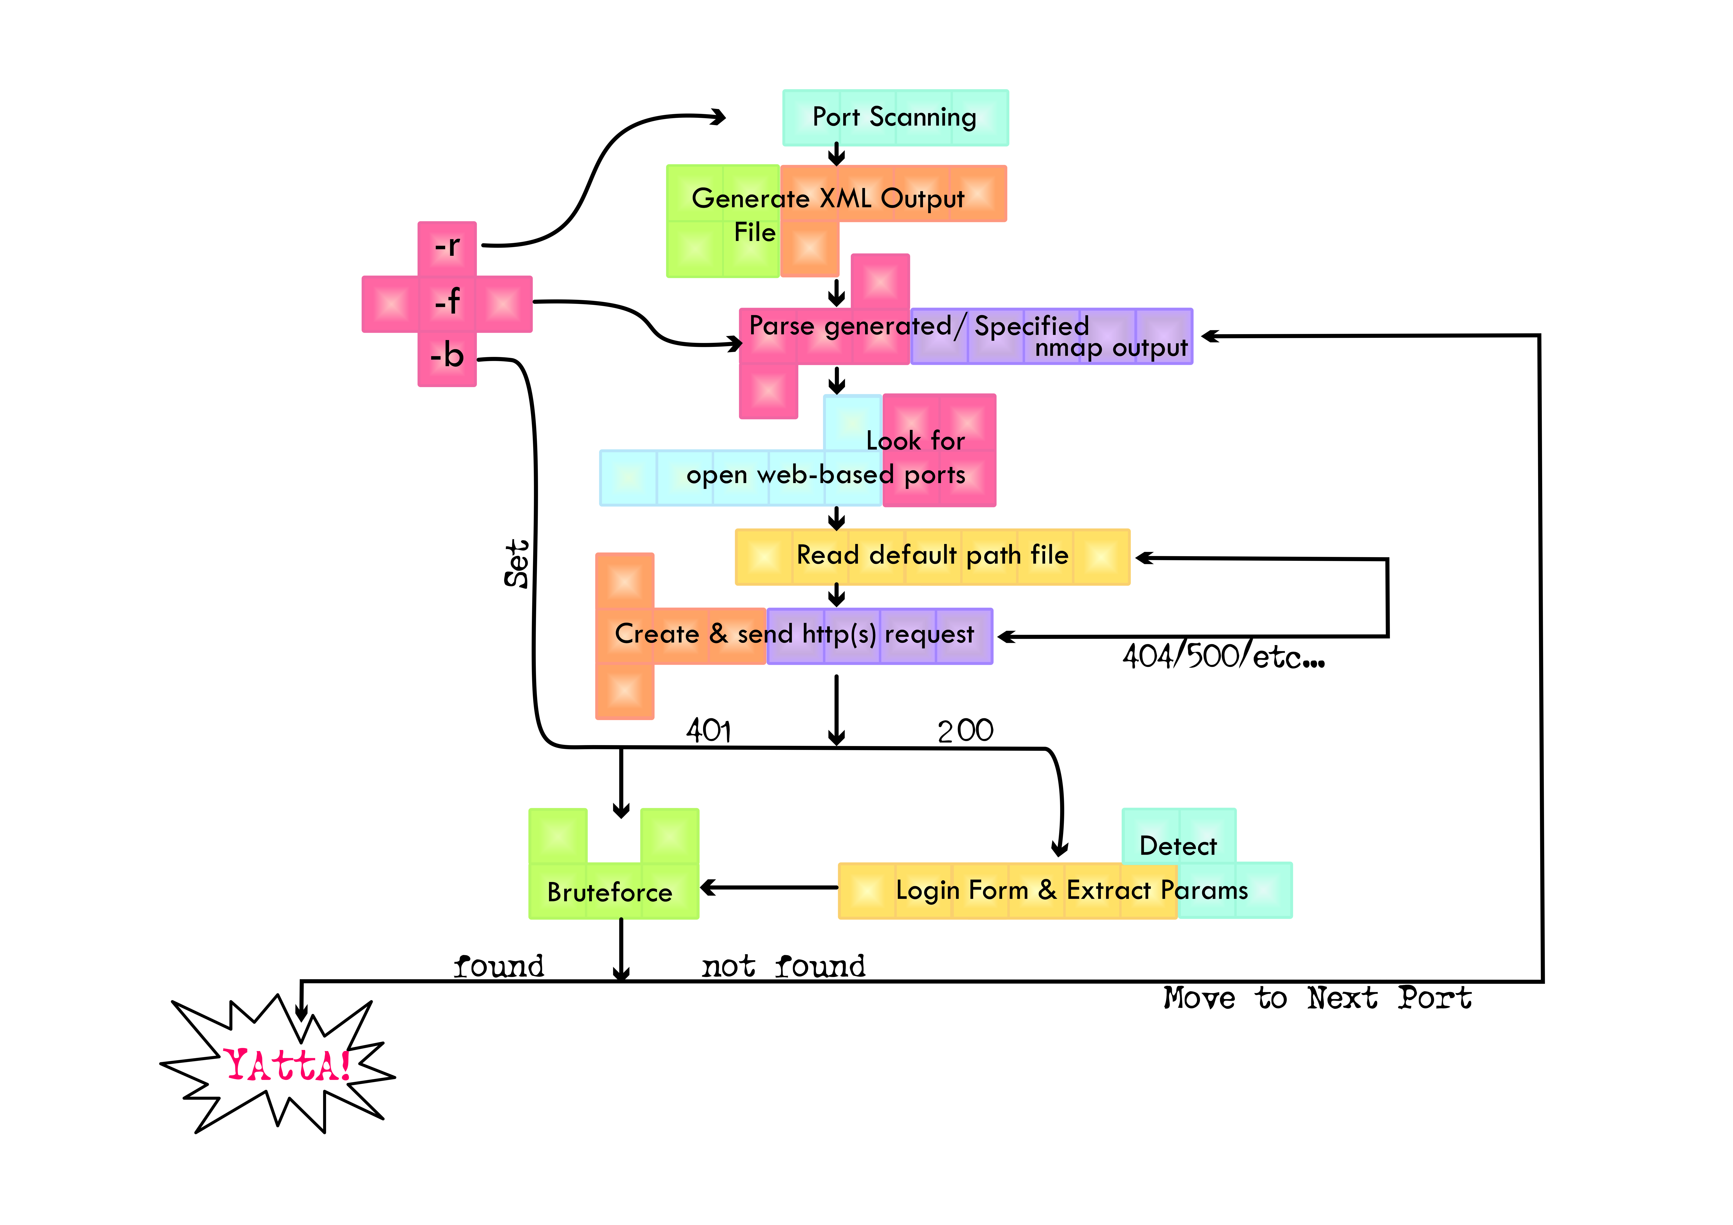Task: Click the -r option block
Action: [x=447, y=247]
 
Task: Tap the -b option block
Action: [x=447, y=356]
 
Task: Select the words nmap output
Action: [x=1111, y=348]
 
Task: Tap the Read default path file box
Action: [x=932, y=556]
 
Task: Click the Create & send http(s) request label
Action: [x=794, y=635]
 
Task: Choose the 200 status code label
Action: [x=965, y=731]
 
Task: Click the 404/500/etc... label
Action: [x=1223, y=657]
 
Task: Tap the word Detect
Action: [x=1178, y=846]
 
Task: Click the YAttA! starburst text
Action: [x=287, y=1065]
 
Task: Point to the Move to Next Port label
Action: [x=1317, y=998]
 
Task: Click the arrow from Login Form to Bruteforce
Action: [x=770, y=888]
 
